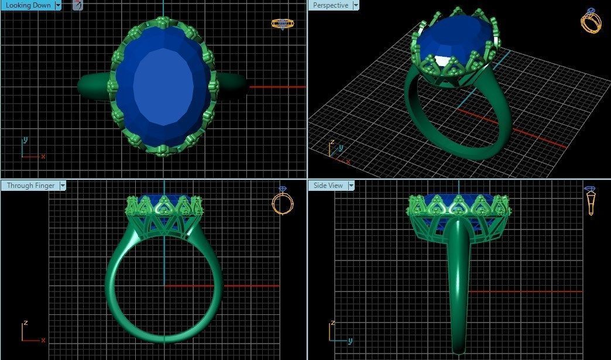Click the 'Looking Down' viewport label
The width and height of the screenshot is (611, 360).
tap(28, 5)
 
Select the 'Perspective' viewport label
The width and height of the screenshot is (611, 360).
tap(330, 5)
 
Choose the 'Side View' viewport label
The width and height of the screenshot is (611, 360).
tap(328, 186)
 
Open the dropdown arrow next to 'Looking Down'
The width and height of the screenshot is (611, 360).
tap(57, 5)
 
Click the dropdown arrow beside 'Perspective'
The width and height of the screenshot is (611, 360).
tap(355, 5)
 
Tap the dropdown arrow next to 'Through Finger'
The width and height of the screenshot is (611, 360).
tap(62, 186)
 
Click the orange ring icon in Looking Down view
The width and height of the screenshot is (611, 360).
tap(282, 23)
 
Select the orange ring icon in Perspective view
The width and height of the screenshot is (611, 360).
tap(590, 21)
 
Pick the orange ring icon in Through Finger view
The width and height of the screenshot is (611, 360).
tap(283, 202)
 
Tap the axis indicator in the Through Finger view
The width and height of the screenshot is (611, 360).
tap(30, 332)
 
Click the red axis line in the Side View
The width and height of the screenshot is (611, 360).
tap(527, 291)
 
